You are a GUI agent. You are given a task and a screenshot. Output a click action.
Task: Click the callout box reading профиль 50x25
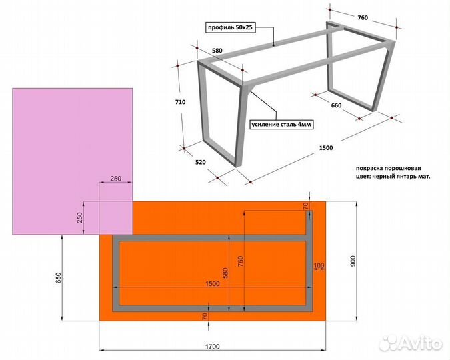click(231, 27)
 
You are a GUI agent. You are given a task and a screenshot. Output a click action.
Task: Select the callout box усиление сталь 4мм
click(281, 124)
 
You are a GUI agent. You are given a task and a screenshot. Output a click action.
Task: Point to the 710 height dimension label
click(180, 102)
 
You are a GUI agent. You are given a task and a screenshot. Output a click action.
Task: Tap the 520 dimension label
click(200, 162)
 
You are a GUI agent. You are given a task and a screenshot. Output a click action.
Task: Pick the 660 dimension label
click(337, 105)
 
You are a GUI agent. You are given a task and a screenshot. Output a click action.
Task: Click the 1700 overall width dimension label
click(213, 347)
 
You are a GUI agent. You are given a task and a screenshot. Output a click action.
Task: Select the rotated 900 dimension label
click(353, 261)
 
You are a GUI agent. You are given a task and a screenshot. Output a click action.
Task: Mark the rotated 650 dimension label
click(58, 278)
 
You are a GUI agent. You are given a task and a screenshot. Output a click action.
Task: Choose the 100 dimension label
click(319, 265)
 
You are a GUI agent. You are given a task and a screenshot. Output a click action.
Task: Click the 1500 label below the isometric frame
click(326, 148)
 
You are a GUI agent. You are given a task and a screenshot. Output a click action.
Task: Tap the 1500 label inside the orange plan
click(213, 283)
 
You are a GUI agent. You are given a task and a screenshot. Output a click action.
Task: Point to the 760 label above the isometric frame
click(363, 18)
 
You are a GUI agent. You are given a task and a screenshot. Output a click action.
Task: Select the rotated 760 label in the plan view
click(241, 261)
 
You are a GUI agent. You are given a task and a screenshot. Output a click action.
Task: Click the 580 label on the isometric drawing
click(217, 51)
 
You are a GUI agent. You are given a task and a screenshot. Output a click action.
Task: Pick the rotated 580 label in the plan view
click(225, 273)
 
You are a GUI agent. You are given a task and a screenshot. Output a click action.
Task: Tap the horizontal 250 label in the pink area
click(115, 179)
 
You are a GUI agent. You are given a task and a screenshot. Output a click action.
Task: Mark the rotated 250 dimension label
click(80, 217)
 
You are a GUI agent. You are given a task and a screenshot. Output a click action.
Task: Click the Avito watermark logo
click(411, 343)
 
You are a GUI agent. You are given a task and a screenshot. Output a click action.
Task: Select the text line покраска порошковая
click(388, 168)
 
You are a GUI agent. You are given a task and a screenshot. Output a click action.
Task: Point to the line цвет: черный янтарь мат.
click(393, 177)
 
